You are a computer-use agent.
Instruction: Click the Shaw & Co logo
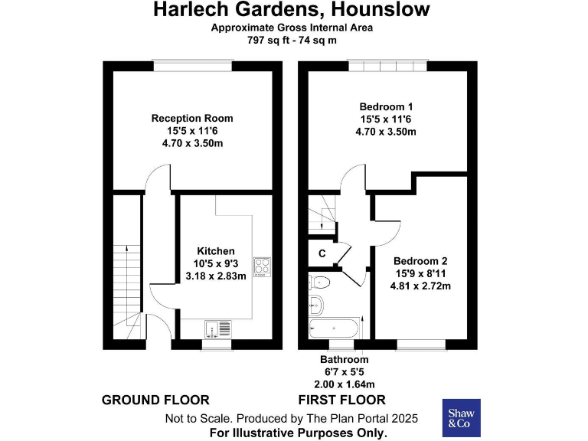tap(462, 417)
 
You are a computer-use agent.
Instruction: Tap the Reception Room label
tap(192, 119)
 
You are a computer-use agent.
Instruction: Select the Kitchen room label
tap(216, 251)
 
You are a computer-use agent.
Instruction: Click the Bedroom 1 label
tap(386, 106)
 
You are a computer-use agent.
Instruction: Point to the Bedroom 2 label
tap(417, 261)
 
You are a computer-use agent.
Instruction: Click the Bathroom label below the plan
tap(344, 359)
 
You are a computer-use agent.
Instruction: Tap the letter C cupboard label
tap(322, 253)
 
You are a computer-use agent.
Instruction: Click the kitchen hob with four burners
tap(262, 266)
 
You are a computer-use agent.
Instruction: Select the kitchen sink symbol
tap(218, 328)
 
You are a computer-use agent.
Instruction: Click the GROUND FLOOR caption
tap(155, 400)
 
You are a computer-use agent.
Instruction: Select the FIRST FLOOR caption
tap(341, 400)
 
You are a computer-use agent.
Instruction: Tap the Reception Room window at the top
tap(192, 66)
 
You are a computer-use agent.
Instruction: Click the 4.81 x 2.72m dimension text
tap(417, 287)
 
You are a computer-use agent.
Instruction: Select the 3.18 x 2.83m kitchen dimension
tap(216, 276)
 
